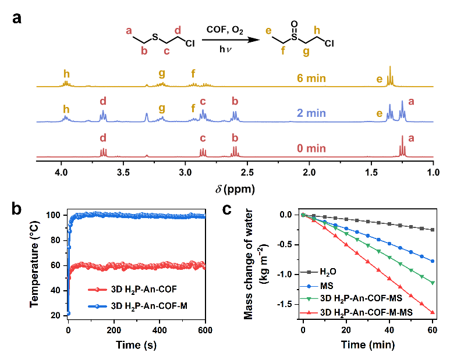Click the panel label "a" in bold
(18, 18)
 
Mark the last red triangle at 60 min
(433, 312)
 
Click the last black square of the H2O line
(433, 230)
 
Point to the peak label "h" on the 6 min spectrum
(67, 74)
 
